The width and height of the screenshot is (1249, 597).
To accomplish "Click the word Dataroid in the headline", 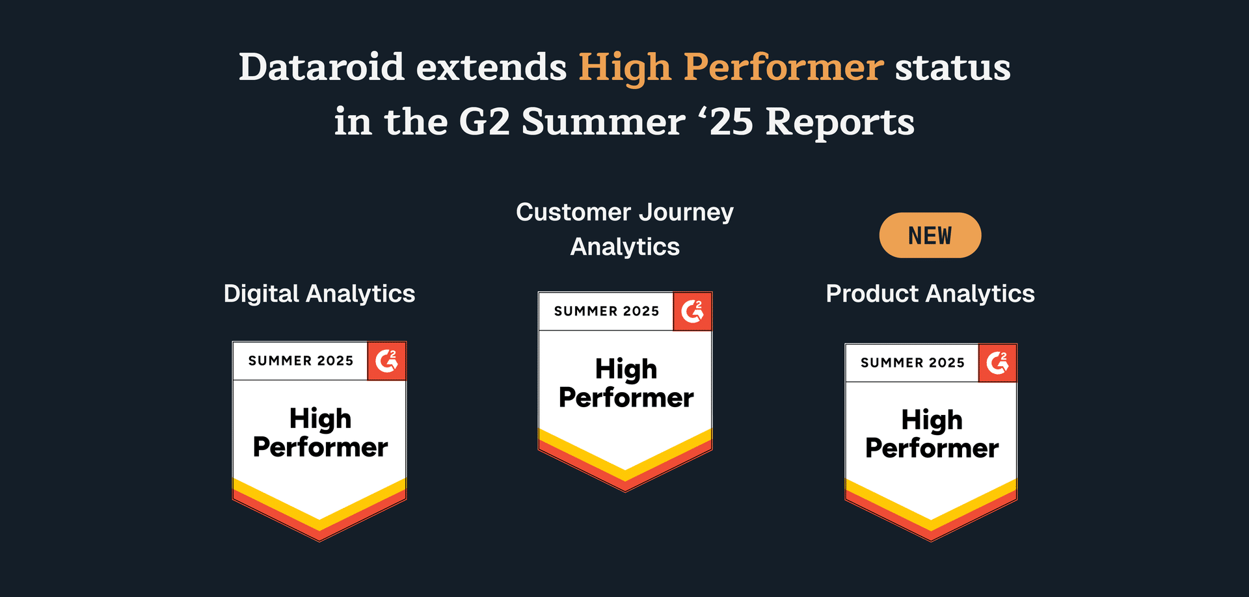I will [321, 67].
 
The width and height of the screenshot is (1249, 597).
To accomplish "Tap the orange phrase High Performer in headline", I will [731, 67].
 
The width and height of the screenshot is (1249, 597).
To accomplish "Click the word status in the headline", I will [952, 67].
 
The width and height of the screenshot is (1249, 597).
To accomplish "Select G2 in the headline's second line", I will [484, 122].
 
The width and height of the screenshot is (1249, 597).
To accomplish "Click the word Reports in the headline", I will [840, 122].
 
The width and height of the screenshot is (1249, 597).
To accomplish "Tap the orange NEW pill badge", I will [930, 235].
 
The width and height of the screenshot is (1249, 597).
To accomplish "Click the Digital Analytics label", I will [319, 293].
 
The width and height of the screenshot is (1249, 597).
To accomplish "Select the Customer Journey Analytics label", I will [624, 229].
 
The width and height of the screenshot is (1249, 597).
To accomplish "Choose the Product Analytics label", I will [930, 293].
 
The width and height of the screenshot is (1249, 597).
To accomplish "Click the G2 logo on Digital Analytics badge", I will [386, 360].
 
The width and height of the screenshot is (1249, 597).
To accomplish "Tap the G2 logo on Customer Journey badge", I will [692, 311].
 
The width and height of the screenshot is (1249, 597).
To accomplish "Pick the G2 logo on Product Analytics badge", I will [997, 362].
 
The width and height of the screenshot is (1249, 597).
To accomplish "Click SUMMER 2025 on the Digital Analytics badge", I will [301, 361].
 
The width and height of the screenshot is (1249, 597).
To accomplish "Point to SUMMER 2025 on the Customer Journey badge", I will [606, 312].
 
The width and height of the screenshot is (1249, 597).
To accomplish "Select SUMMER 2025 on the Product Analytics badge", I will [912, 363].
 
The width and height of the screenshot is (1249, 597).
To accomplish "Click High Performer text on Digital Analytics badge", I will [320, 432].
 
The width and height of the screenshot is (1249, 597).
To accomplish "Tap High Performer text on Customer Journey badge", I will [626, 383].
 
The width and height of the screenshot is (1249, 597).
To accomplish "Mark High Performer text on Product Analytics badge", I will [932, 434].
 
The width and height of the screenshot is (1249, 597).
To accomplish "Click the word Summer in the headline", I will [603, 122].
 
